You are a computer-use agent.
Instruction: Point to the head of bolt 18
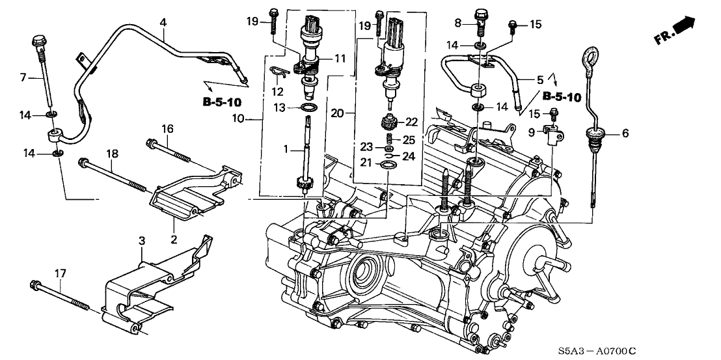(83, 163)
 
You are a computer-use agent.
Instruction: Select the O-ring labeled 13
(311, 107)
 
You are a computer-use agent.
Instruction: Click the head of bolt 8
(482, 13)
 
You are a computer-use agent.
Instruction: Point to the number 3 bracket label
(141, 242)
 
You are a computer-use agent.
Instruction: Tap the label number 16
(167, 130)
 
